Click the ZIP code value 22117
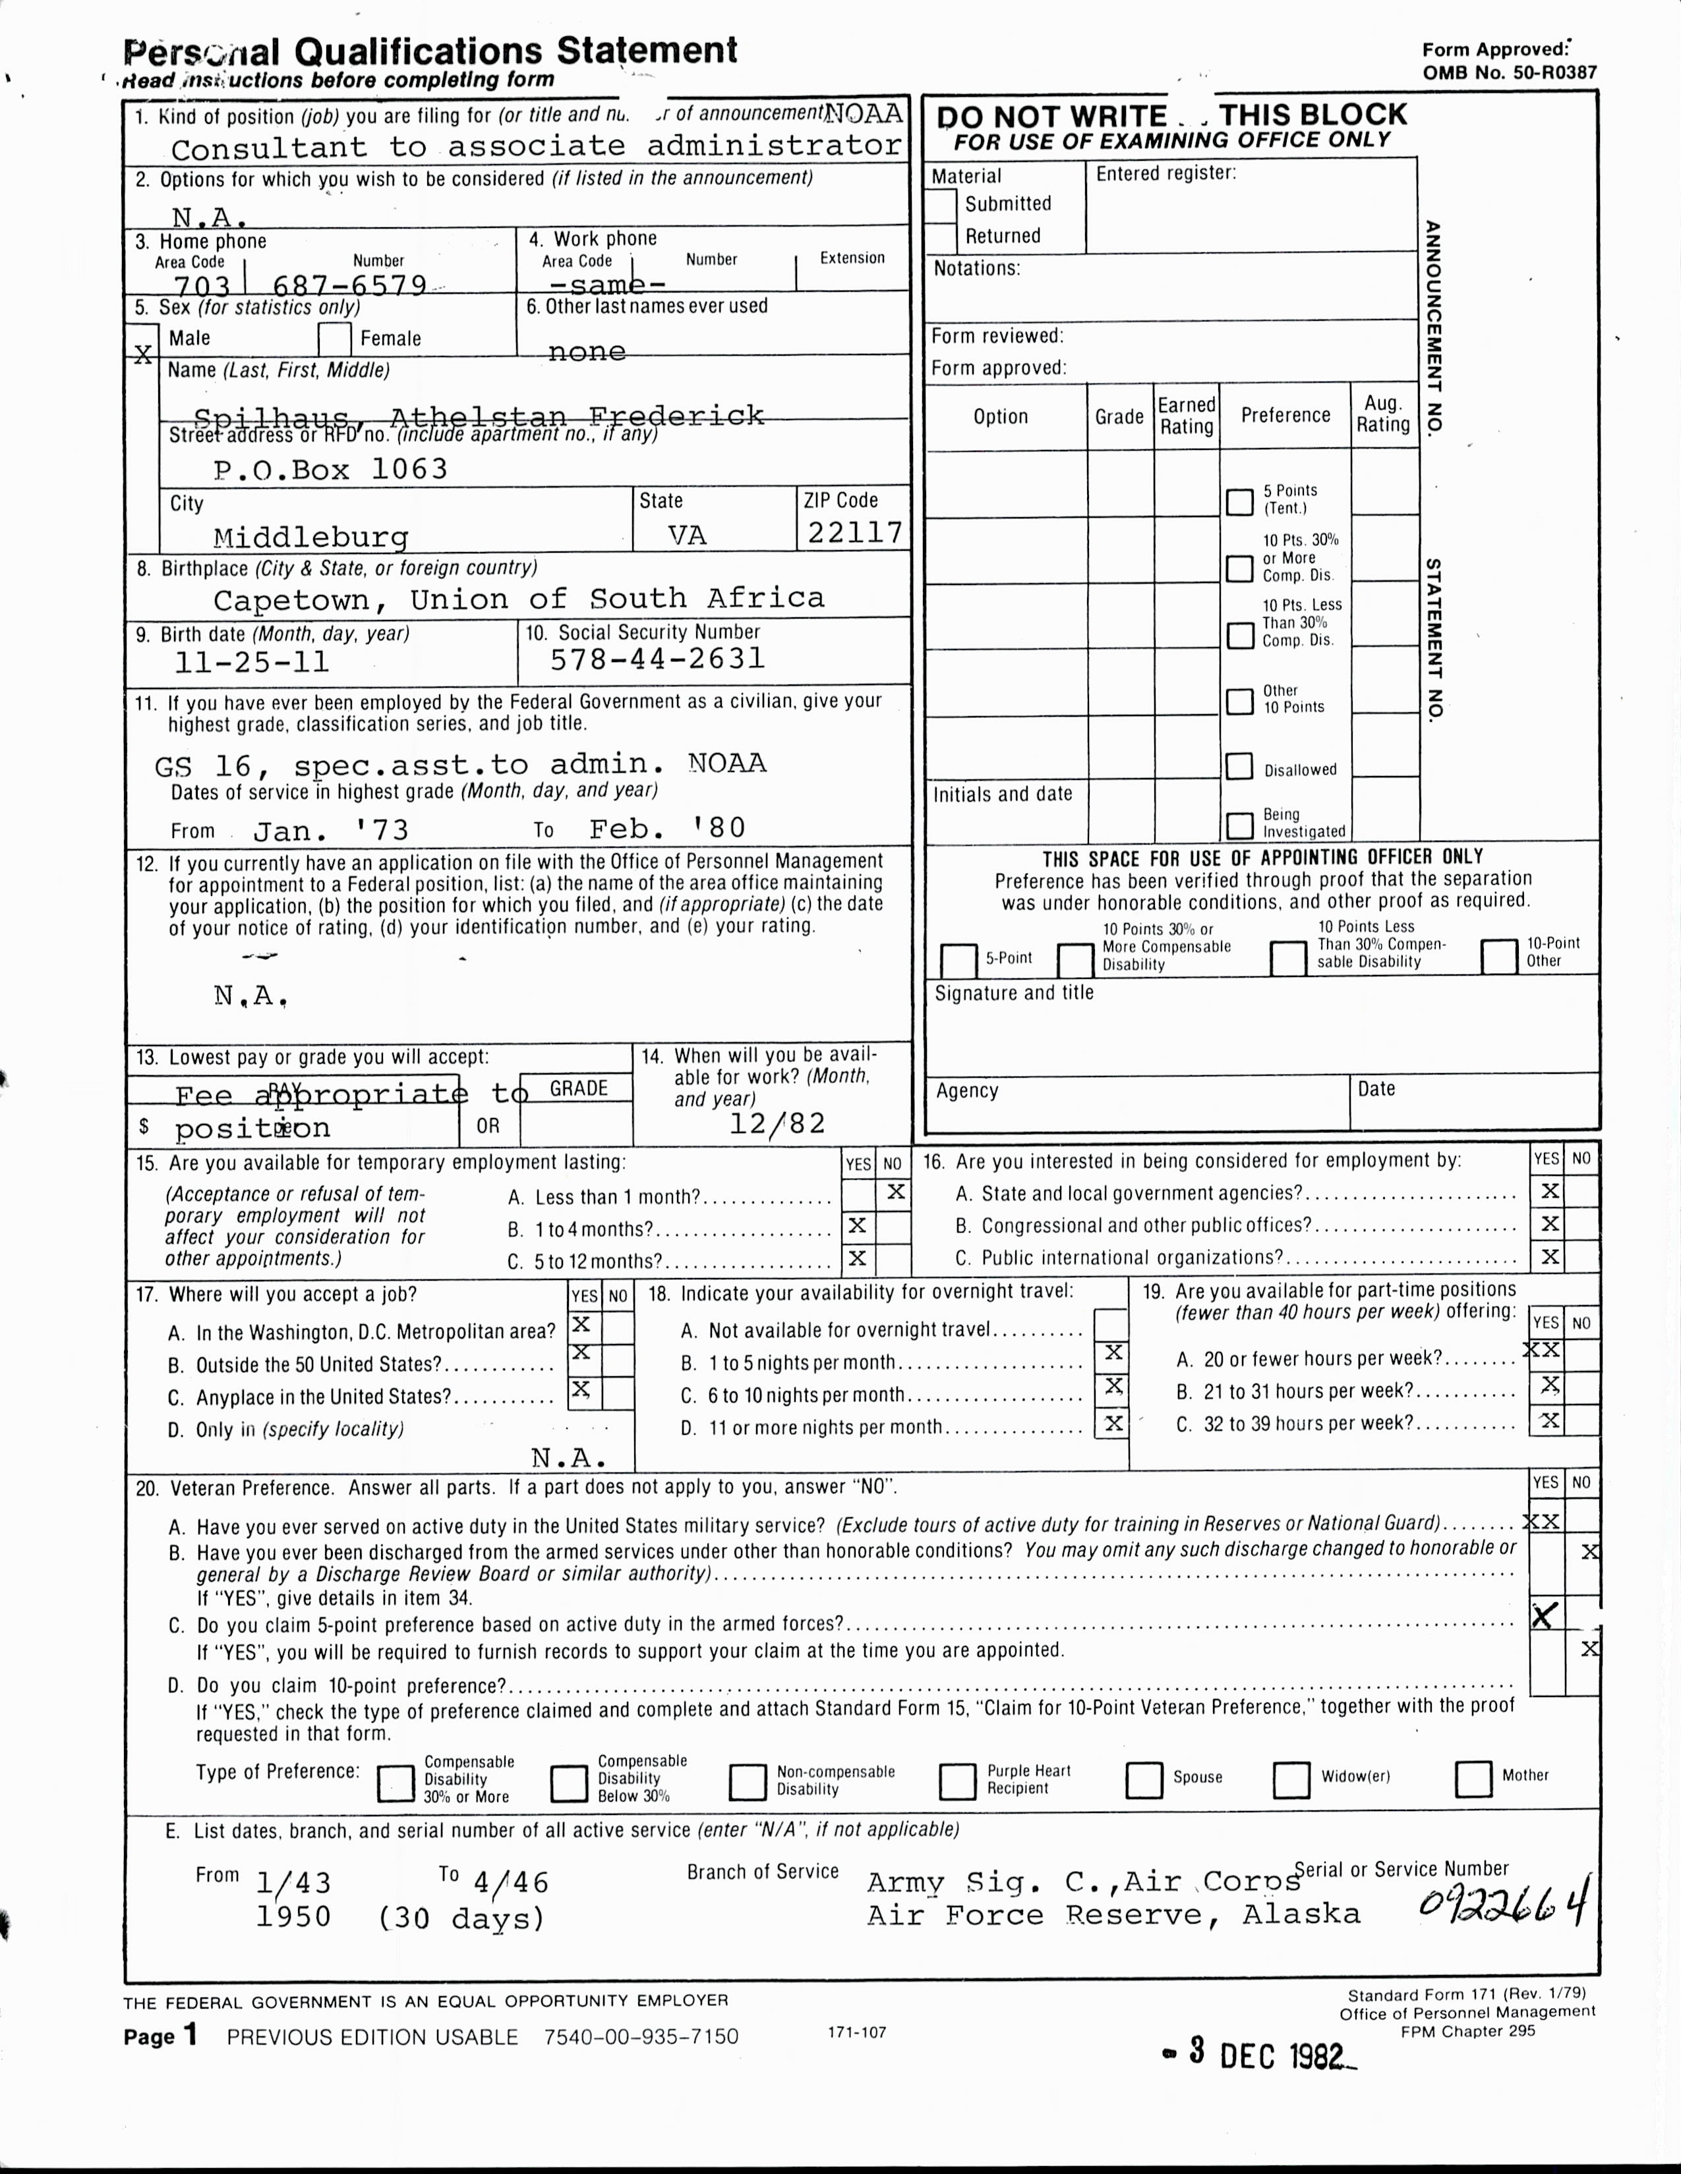(854, 534)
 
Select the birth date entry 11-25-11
(251, 663)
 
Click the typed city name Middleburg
(310, 538)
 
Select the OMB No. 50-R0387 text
(1509, 72)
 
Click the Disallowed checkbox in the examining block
(1239, 766)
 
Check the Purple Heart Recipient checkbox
(956, 1781)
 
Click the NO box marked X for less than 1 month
(895, 1192)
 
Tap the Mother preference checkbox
(1473, 1779)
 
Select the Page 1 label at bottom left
(160, 2036)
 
